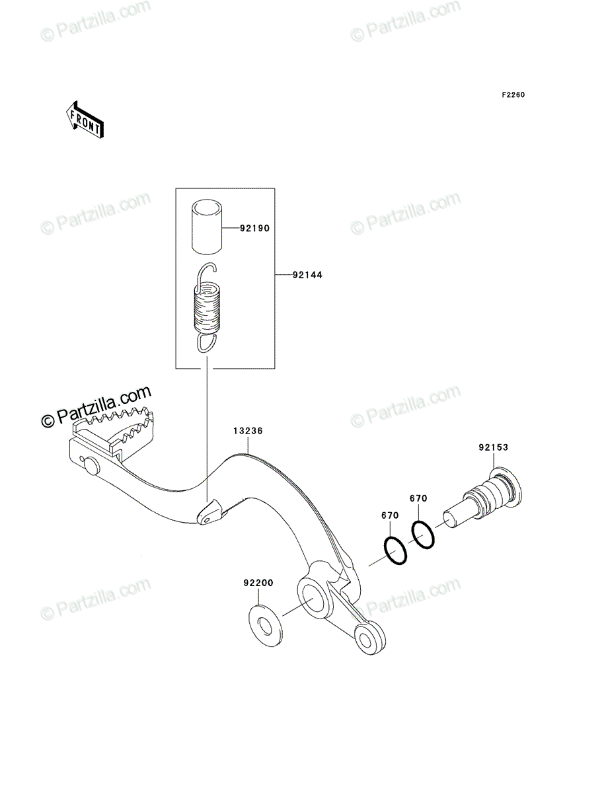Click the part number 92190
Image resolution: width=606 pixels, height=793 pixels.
255,229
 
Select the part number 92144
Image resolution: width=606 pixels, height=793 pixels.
307,275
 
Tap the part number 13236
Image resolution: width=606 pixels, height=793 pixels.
248,431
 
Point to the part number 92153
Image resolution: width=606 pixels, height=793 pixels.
493,447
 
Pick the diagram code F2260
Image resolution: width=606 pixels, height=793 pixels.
513,95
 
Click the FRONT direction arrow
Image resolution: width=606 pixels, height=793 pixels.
85,120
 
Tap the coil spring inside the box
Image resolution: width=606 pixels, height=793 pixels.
208,307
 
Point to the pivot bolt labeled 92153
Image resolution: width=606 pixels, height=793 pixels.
481,497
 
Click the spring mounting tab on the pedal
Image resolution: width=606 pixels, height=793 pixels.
211,512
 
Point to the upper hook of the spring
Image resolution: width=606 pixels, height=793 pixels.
204,271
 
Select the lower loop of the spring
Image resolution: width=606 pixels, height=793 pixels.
207,343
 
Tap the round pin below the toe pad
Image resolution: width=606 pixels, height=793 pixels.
92,466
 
